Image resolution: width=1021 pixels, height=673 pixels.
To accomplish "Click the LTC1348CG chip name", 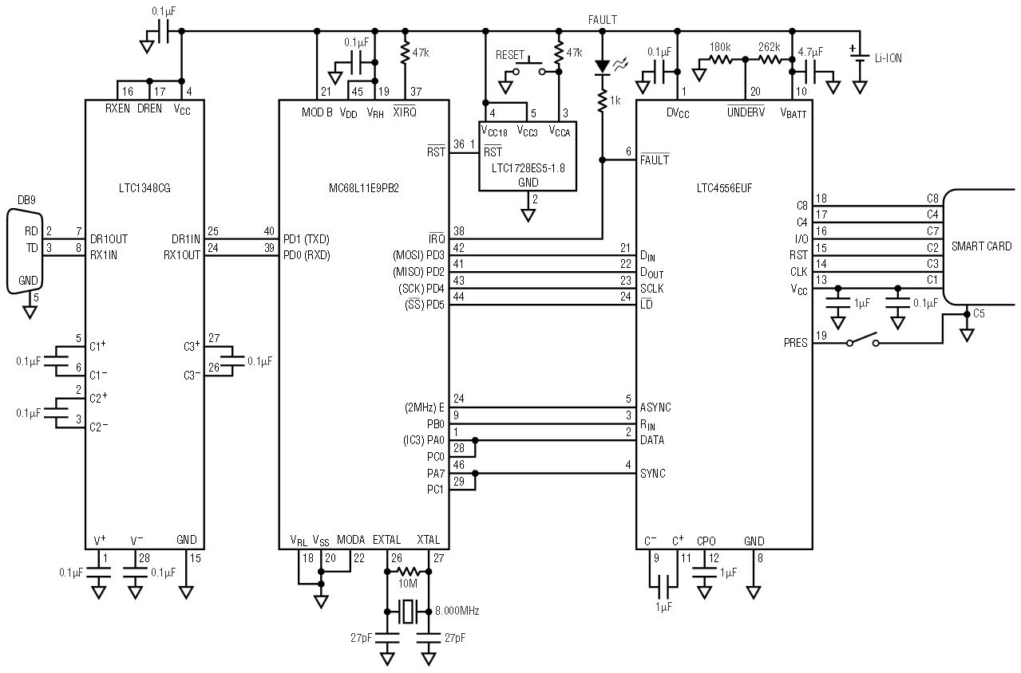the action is pyautogui.click(x=144, y=188).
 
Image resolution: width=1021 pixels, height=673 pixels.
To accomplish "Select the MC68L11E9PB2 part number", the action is pyautogui.click(x=364, y=188).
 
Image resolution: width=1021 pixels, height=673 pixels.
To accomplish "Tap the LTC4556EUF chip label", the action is pyautogui.click(x=724, y=188).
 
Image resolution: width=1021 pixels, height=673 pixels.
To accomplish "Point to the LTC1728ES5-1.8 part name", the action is pyautogui.click(x=528, y=168).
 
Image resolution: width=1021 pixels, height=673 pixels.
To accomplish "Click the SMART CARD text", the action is pyautogui.click(x=981, y=246).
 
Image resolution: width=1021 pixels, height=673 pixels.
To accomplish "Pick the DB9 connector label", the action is pyautogui.click(x=26, y=200).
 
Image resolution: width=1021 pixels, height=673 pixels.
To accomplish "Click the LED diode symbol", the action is pyautogui.click(x=603, y=66).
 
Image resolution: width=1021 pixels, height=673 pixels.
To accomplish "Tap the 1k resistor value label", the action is pyautogui.click(x=615, y=100).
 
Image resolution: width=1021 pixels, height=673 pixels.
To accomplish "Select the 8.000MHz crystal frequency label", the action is pyautogui.click(x=457, y=611).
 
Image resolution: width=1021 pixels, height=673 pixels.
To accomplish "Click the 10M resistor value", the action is pyautogui.click(x=408, y=584).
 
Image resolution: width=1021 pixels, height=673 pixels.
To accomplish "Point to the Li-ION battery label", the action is pyautogui.click(x=888, y=58).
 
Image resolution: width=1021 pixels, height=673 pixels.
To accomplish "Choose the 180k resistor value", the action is pyautogui.click(x=720, y=47).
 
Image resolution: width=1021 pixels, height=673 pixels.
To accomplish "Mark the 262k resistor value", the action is pyautogui.click(x=770, y=47).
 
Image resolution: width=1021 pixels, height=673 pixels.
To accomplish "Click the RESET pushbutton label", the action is pyautogui.click(x=510, y=55).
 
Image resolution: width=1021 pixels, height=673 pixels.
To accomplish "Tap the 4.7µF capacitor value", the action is pyautogui.click(x=810, y=52).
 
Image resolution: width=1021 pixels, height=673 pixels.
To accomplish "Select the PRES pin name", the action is pyautogui.click(x=795, y=343).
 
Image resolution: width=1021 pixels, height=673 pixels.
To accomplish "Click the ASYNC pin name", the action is pyautogui.click(x=655, y=407).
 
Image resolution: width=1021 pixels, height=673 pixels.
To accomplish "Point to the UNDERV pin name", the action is pyautogui.click(x=746, y=112).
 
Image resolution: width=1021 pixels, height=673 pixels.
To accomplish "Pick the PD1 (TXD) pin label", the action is pyautogui.click(x=307, y=239).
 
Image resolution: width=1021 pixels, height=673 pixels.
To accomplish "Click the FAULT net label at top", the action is pyautogui.click(x=603, y=20).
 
